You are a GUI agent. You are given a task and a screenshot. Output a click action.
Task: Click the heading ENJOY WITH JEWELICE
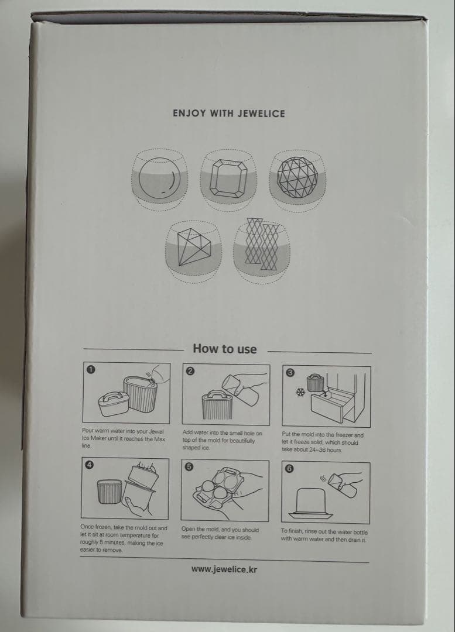(229, 114)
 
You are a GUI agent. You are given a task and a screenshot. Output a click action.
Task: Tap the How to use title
(225, 349)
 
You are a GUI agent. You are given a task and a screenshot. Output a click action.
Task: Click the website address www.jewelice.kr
(224, 569)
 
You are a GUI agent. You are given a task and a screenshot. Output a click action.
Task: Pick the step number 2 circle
(190, 371)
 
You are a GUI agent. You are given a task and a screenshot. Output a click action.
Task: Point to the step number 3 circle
(290, 372)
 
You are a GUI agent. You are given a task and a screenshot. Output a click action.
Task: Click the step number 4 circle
(90, 465)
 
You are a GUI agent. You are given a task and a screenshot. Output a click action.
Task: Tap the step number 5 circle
(189, 467)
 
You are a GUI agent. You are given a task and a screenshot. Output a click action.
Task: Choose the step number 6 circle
(289, 468)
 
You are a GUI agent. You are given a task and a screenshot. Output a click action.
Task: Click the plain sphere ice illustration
(159, 178)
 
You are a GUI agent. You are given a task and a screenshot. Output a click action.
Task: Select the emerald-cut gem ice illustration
(228, 178)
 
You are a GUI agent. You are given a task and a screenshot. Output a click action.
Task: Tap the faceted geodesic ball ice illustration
(297, 177)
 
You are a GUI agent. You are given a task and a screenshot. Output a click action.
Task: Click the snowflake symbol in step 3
(300, 392)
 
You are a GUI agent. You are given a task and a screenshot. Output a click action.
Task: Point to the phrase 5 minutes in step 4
(110, 542)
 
